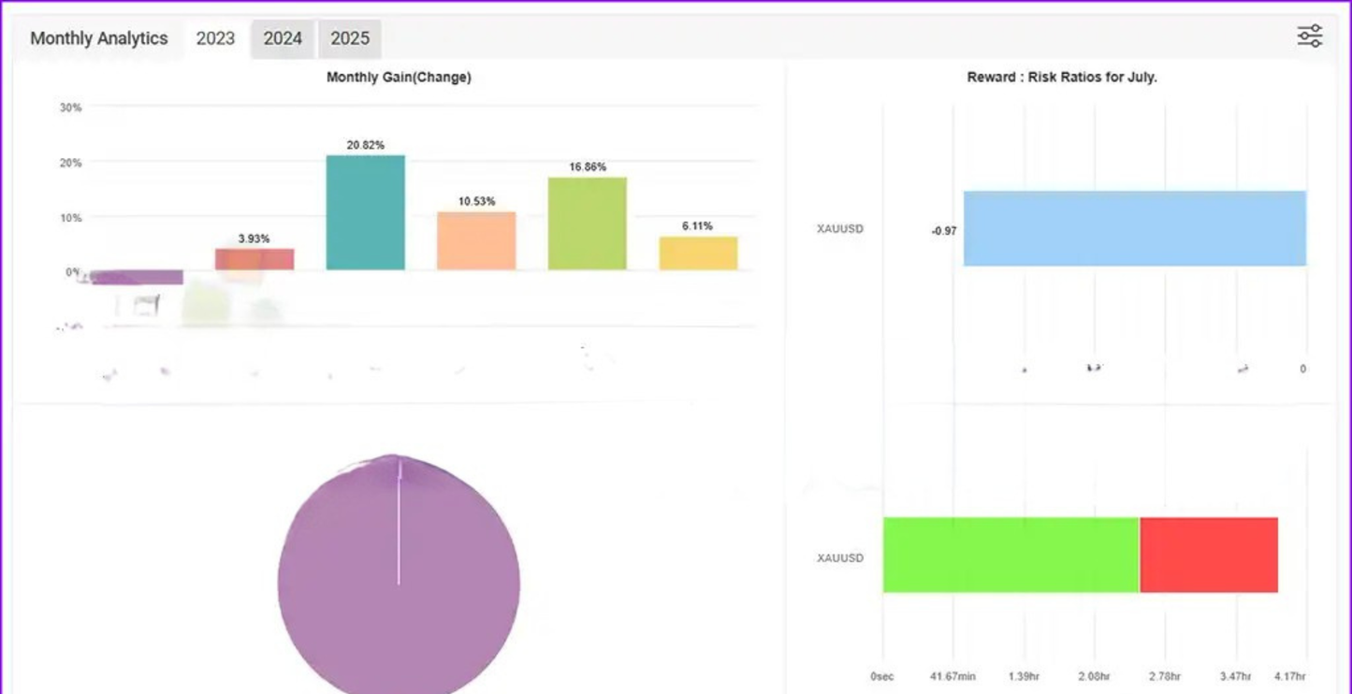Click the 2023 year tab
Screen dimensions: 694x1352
(x=215, y=39)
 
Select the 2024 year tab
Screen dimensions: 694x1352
(x=283, y=39)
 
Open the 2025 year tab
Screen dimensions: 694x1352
(x=350, y=39)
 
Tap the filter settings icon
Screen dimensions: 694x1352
(x=1309, y=36)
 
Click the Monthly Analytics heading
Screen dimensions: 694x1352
(x=99, y=39)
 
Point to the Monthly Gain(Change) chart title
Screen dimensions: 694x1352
(x=399, y=78)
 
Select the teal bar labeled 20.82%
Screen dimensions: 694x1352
(x=365, y=213)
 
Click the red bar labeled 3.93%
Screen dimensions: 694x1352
(x=254, y=259)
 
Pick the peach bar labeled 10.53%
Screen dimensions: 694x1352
(x=476, y=241)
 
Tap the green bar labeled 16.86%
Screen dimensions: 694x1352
(x=587, y=224)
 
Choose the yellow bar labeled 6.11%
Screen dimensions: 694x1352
(x=698, y=253)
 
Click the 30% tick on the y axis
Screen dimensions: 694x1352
(x=70, y=108)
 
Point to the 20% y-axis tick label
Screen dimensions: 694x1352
(x=70, y=163)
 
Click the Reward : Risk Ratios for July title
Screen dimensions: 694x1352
(x=1062, y=78)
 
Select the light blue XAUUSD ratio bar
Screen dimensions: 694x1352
(x=1134, y=229)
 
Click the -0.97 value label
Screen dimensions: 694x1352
(x=944, y=231)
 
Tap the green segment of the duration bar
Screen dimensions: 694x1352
(x=1010, y=555)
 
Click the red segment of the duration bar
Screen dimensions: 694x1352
(x=1209, y=555)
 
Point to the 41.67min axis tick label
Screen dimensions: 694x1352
(x=953, y=676)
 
